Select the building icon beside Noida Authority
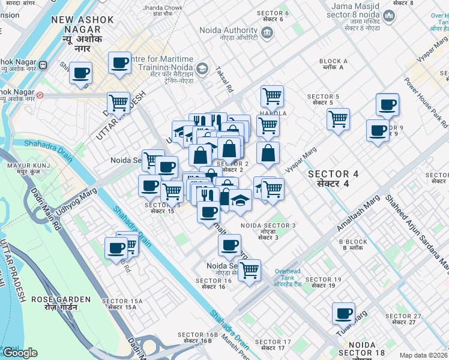pos(268,32)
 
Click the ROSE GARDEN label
pos(61,302)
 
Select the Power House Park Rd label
pos(427,101)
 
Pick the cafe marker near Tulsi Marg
pos(345,314)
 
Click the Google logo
pos(20,353)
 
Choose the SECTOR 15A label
pos(122,304)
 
